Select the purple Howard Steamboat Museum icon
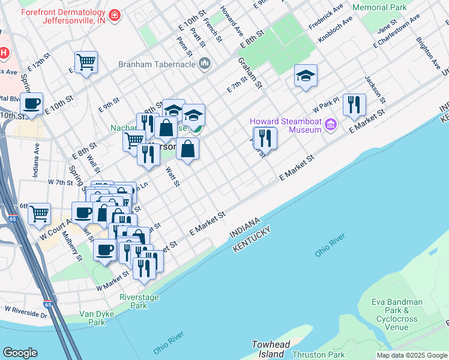[x=330, y=125]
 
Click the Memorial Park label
[x=379, y=8]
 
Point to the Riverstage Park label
[x=133, y=301]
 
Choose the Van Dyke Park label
[x=94, y=318]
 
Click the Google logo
[x=20, y=353]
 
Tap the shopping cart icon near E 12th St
[x=86, y=61]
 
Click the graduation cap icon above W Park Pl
[x=306, y=75]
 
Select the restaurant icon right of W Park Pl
[x=354, y=104]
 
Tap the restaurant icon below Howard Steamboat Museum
[x=265, y=138]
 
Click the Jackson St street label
[x=373, y=88]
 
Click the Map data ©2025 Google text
[x=411, y=355]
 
